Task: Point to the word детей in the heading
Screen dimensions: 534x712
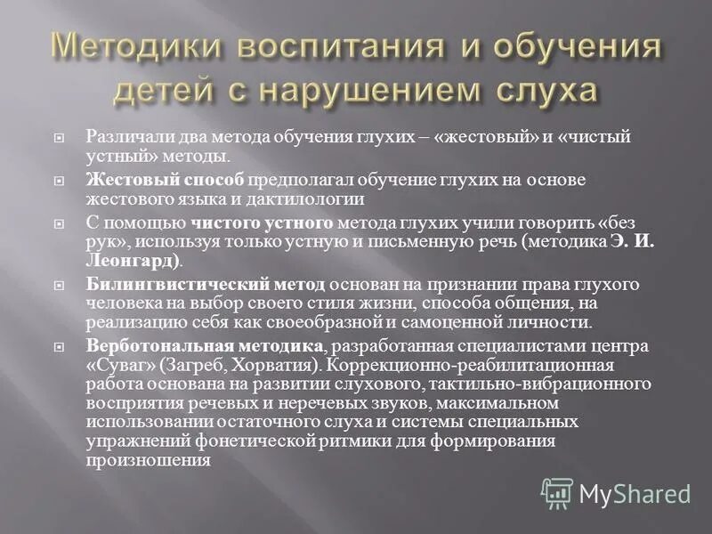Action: (164, 90)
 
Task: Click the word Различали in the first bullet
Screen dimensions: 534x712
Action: (124, 137)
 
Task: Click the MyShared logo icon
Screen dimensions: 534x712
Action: (557, 492)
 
